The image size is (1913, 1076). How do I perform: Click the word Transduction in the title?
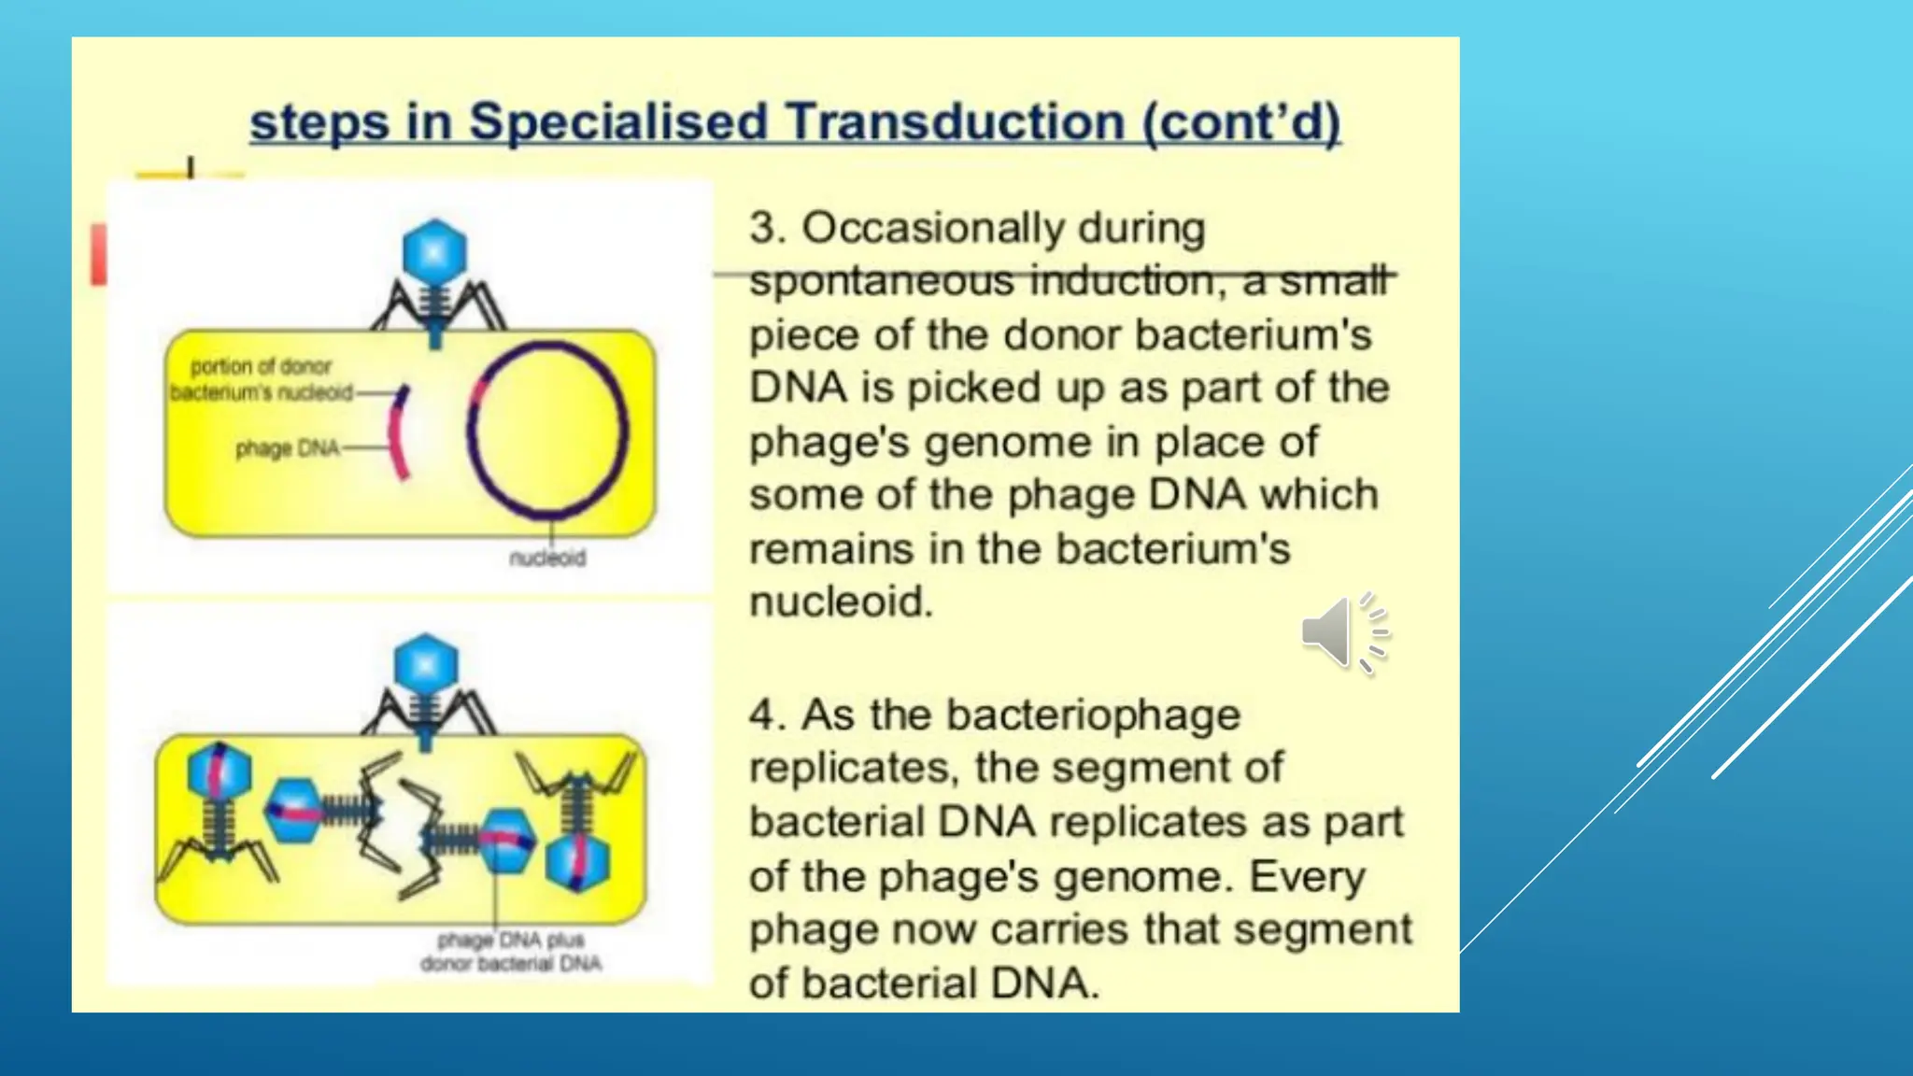coord(954,122)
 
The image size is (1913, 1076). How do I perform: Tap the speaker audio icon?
coord(1343,632)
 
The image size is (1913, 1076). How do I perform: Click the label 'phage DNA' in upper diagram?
coord(287,449)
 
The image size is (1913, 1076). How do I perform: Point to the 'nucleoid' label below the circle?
coord(547,559)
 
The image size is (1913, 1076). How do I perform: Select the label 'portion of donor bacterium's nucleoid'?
coord(262,379)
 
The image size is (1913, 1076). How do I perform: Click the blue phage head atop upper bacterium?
coord(434,251)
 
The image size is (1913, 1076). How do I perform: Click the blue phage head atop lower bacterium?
coord(426,665)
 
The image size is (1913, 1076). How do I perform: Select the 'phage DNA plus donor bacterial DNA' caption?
coord(511,952)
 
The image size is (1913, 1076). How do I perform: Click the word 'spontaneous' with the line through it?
coord(881,281)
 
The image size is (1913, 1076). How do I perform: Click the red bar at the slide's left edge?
coord(98,254)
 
